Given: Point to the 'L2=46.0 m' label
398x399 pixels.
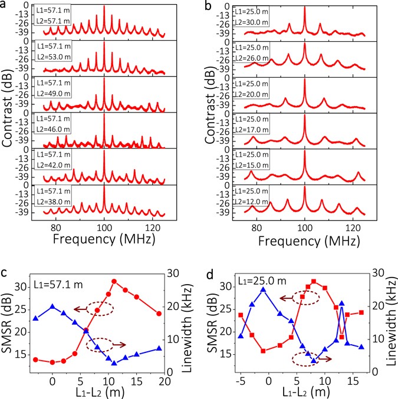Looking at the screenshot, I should coord(48,132).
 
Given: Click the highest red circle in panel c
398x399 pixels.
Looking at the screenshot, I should coord(114,281).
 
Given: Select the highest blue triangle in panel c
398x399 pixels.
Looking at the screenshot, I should coord(52,306).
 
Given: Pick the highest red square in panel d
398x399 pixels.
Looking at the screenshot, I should coord(314,282).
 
